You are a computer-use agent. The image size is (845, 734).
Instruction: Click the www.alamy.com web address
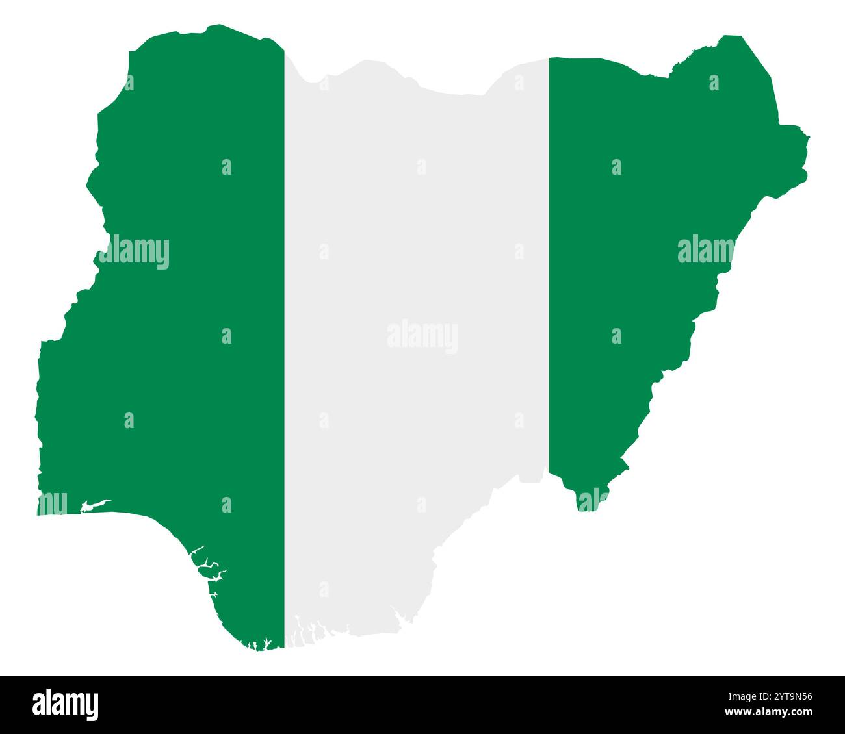pos(779,713)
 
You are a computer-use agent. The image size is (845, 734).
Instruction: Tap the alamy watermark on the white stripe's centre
pos(422,336)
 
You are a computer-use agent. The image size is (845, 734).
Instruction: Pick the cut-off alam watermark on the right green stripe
pos(705,250)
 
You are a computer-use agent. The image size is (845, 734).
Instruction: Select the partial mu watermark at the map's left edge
pos(52,503)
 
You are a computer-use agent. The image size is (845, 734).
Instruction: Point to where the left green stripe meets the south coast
pos(276,646)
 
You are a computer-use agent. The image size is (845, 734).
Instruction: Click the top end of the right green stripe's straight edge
pos(550,59)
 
